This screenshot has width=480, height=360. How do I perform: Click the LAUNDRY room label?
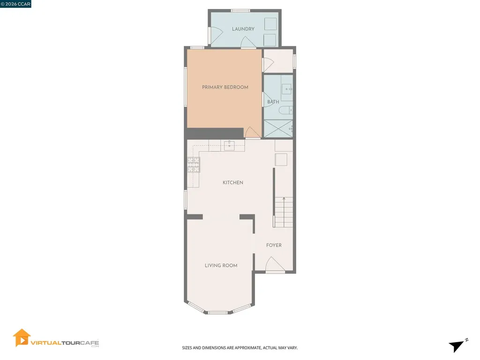pos(243,29)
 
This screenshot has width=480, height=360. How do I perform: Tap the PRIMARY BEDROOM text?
pos(225,87)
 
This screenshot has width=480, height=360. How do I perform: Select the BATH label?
pos(273,102)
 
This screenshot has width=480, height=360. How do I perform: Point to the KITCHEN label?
pos(233,182)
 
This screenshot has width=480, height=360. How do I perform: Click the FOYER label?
pos(274,245)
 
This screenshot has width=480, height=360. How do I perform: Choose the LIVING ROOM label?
pos(221,265)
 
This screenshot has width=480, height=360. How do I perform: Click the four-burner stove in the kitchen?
pos(194,165)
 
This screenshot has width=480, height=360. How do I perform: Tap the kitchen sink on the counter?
pos(229,145)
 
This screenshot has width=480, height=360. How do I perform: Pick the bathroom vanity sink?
pos(286,88)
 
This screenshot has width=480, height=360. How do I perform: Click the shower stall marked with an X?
pos(278,128)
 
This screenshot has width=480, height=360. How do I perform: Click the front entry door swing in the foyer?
pos(274,265)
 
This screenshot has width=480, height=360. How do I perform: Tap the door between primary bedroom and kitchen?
pos(252,133)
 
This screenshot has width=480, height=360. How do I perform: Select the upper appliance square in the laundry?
pos(270,24)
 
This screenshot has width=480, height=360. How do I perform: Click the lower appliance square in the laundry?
pos(270,39)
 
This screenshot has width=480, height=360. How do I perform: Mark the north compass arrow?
pos(457,345)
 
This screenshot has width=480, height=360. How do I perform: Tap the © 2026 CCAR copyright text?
pos(15,4)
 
